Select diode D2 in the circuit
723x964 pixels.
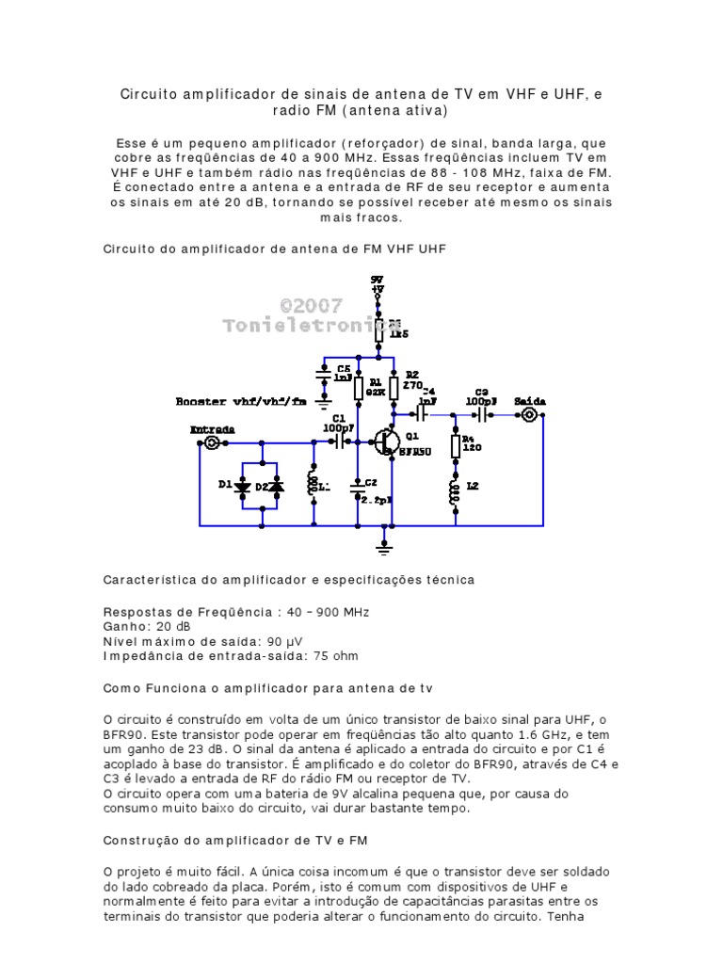[x=278, y=486]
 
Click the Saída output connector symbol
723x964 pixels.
[x=531, y=414]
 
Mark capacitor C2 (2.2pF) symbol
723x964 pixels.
[x=358, y=488]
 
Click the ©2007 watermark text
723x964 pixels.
[x=312, y=306]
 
